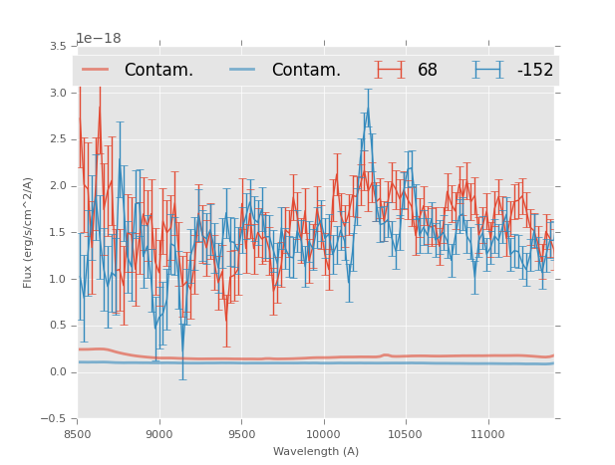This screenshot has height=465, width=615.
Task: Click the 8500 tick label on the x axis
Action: tap(78, 434)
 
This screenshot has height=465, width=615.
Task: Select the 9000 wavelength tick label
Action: tap(159, 434)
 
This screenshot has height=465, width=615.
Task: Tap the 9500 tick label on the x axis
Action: tap(241, 434)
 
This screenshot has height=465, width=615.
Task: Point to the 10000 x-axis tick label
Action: tap(323, 434)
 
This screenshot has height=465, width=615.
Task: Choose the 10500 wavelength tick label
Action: tap(406, 434)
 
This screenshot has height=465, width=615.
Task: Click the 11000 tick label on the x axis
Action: tap(487, 434)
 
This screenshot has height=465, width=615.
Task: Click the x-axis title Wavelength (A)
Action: tap(316, 452)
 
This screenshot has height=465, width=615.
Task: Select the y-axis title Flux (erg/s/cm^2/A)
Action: tap(29, 232)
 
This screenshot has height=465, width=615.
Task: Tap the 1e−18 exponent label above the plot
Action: tap(99, 39)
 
